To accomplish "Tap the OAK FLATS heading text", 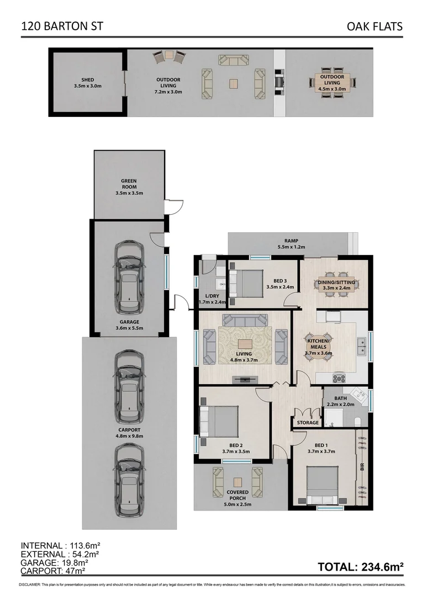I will tap(375, 26).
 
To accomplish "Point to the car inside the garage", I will tap(129, 274).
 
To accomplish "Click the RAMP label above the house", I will tap(291, 243).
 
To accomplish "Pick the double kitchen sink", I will tap(362, 346).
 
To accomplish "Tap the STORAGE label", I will tap(308, 423).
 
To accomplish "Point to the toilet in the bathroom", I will tap(357, 422).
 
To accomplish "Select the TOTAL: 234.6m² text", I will tap(361, 567).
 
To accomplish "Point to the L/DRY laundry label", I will tap(209, 299).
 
